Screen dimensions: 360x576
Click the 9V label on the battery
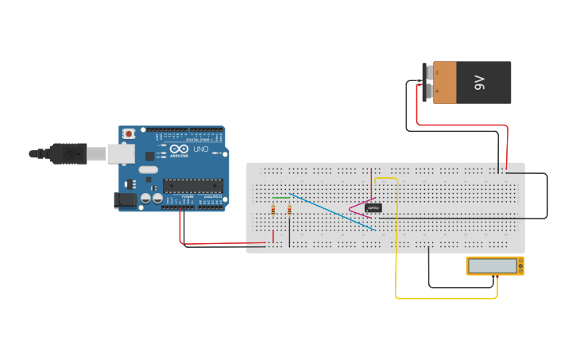479,83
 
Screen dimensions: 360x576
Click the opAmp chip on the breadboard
373,208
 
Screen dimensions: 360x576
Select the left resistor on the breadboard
273,210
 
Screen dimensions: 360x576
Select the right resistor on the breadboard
289,210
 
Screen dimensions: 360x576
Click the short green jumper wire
281,198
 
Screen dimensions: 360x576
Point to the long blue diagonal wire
334,212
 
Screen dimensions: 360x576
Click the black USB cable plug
68,153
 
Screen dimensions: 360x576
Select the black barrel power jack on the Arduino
124,200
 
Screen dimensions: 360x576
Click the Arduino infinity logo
179,149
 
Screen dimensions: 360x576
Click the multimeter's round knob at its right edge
520,266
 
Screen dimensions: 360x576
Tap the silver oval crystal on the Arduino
149,169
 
